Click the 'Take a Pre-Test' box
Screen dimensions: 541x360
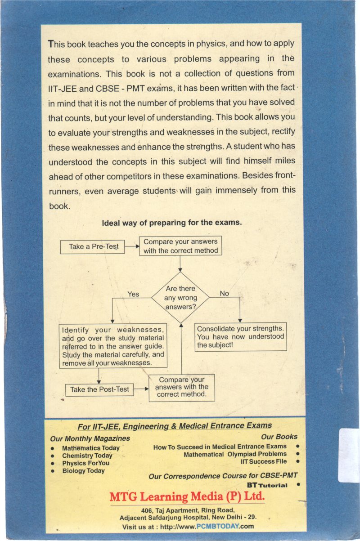click(92, 246)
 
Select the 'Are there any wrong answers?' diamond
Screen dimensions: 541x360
click(180, 297)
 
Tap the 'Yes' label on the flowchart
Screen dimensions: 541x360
click(133, 294)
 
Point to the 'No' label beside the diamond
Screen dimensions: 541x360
click(224, 293)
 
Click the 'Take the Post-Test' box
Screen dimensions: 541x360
click(100, 389)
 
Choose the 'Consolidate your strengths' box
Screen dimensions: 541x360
click(241, 337)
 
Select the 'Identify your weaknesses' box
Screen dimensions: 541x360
click(113, 346)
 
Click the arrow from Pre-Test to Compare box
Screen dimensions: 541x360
click(131, 246)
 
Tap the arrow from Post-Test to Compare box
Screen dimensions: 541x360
click(141, 389)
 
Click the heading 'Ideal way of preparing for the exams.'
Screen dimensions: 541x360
click(172, 222)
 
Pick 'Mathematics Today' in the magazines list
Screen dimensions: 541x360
click(91, 448)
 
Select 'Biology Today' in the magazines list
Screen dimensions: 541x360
click(83, 470)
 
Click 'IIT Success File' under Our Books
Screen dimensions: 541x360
click(264, 461)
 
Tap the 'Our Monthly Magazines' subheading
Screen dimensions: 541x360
click(90, 438)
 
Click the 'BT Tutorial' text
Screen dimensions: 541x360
click(267, 486)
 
